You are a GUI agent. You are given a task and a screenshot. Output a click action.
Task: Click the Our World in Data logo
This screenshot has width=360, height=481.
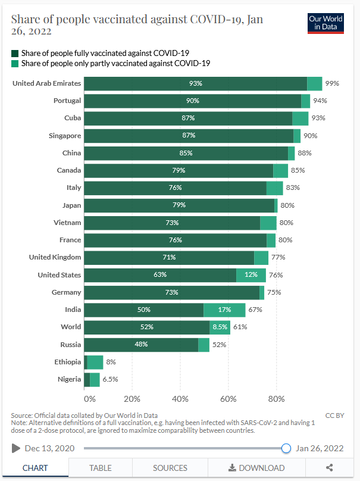coord(325,23)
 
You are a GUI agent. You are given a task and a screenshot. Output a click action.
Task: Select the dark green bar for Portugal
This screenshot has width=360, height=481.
coord(192,101)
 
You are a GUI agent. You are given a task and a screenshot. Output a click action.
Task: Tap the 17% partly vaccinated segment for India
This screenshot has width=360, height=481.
coord(224,310)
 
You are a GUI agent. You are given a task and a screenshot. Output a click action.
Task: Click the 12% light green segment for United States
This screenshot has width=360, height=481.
coord(251,275)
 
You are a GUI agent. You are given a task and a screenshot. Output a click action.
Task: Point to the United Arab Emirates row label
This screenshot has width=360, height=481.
coord(46,83)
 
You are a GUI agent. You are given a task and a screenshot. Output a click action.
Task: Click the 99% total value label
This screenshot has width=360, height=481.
coord(332,83)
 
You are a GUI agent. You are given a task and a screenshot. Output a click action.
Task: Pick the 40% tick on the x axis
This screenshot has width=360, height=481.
coord(180,398)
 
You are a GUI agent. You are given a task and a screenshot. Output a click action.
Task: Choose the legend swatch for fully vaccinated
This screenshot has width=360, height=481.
coord(15,53)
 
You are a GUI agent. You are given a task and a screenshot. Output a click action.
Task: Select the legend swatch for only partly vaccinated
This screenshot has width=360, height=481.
coord(15,63)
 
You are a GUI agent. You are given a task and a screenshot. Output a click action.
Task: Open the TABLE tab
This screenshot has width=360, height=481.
coord(100,468)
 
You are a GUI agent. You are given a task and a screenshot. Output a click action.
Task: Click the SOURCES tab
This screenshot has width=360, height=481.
coord(170,468)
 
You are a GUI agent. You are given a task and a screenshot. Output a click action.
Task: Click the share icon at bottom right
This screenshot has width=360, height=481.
coord(329,468)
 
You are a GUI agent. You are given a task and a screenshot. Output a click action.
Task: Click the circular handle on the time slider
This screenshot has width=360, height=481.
coord(286,448)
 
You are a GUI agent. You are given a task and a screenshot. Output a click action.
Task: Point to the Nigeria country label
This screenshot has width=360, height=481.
coord(69,379)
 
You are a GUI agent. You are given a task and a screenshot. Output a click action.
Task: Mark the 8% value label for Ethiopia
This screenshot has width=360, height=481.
coord(111,362)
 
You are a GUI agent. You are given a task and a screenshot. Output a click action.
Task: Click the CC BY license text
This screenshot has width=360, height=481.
coord(334,416)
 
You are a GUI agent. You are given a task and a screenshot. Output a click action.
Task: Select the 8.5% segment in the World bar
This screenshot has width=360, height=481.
coord(220,327)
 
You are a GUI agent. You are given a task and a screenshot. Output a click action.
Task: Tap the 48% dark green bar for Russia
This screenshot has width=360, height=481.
coord(141,345)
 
